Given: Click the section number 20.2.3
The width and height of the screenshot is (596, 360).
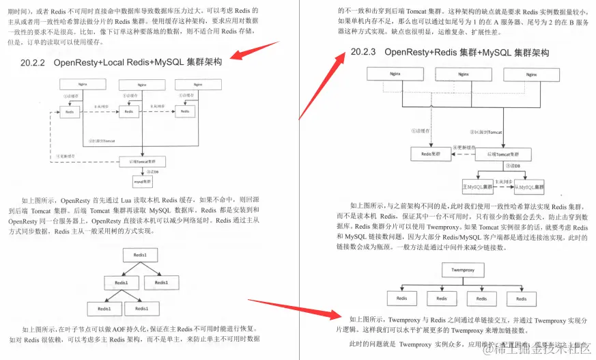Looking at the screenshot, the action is tap(364, 52).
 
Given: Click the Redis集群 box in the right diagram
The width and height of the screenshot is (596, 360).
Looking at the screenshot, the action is tap(431, 154).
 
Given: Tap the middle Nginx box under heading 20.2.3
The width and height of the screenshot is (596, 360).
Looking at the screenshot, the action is tap(464, 74).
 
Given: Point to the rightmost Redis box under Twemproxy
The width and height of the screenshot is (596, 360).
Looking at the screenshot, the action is tap(521, 299).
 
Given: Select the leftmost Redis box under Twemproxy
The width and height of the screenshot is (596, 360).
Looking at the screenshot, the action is tap(397, 299).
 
